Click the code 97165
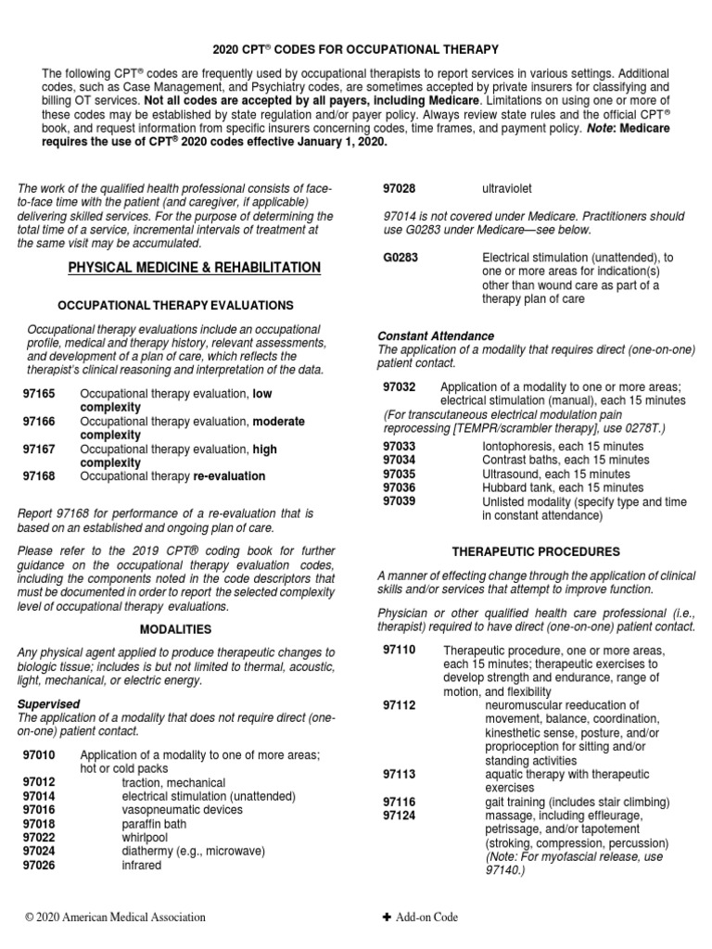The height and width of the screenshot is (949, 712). pos(39,394)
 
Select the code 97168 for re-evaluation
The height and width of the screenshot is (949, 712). pos(39,476)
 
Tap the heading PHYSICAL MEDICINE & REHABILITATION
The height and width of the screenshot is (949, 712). pos(195,268)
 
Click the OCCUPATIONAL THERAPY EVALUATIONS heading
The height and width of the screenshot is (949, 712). pos(176,305)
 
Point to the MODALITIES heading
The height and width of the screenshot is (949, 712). pos(176,628)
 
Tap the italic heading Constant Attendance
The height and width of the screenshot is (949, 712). pos(436,335)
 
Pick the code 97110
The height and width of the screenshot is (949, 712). pos(400,652)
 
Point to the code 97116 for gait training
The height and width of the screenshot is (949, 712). pos(400,802)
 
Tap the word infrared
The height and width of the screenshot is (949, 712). pos(142,866)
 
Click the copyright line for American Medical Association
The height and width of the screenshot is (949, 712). pos(115,917)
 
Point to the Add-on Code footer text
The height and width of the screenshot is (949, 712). pos(426,917)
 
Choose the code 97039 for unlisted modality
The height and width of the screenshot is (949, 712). pos(400,501)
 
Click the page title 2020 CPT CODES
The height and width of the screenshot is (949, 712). pos(355,47)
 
